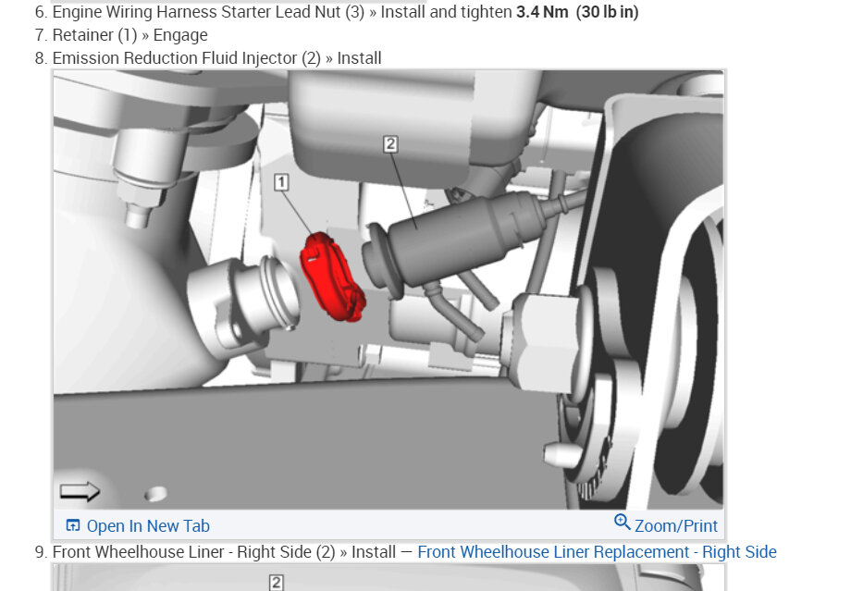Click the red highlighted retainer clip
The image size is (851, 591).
pos(330,277)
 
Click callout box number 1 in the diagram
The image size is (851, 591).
pos(281,182)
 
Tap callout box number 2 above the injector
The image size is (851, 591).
pos(390,143)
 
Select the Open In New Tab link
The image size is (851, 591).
pos(148,526)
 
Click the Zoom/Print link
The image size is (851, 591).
pos(675,526)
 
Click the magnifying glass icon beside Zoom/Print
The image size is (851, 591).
pos(622,522)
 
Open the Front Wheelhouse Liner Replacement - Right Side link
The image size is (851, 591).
pos(597,552)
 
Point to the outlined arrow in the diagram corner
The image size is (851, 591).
pos(80,491)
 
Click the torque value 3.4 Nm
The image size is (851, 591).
pos(542,11)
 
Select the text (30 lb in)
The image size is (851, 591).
pos(608,11)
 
